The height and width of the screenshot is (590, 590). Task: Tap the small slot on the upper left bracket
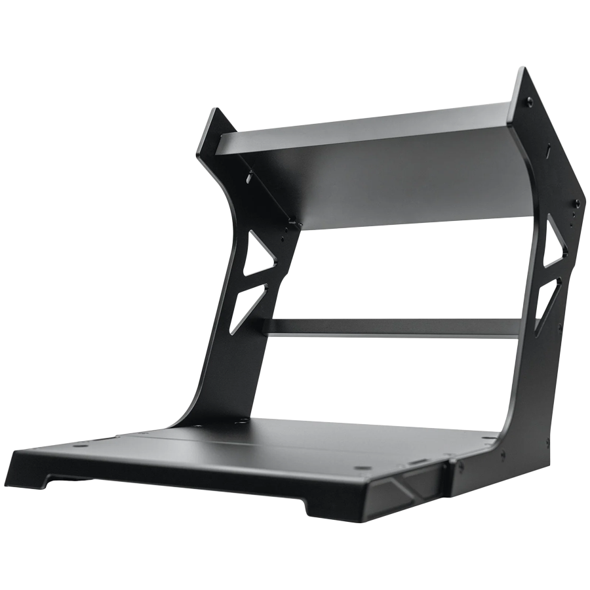click(x=250, y=176)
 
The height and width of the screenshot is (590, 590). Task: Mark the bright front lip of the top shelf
click(x=367, y=118)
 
